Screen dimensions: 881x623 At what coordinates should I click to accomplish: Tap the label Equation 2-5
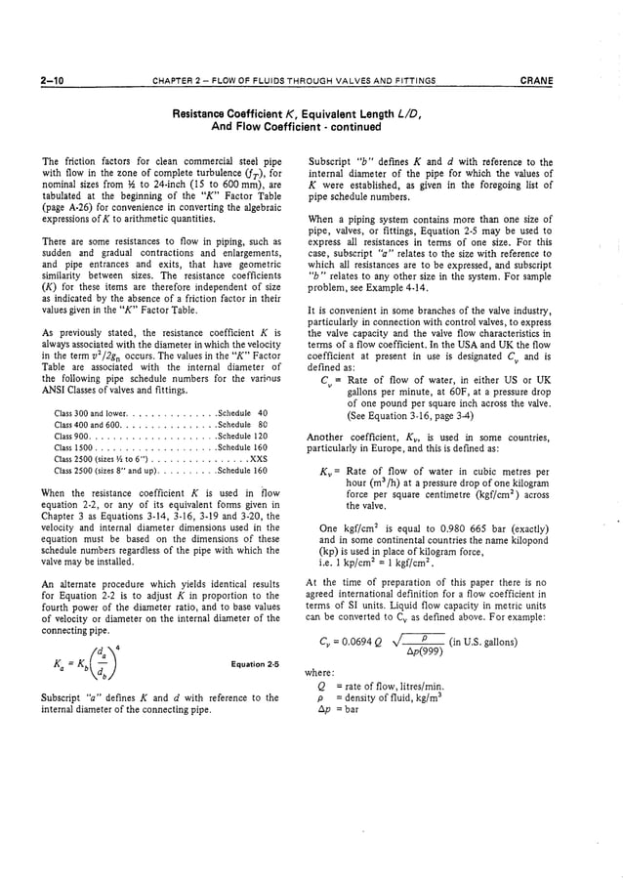coord(254,664)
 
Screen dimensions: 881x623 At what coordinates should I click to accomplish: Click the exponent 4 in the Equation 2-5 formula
coord(119,647)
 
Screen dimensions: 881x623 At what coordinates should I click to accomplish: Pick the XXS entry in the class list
coord(258,457)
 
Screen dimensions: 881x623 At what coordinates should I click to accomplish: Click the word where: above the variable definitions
coord(319,672)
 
